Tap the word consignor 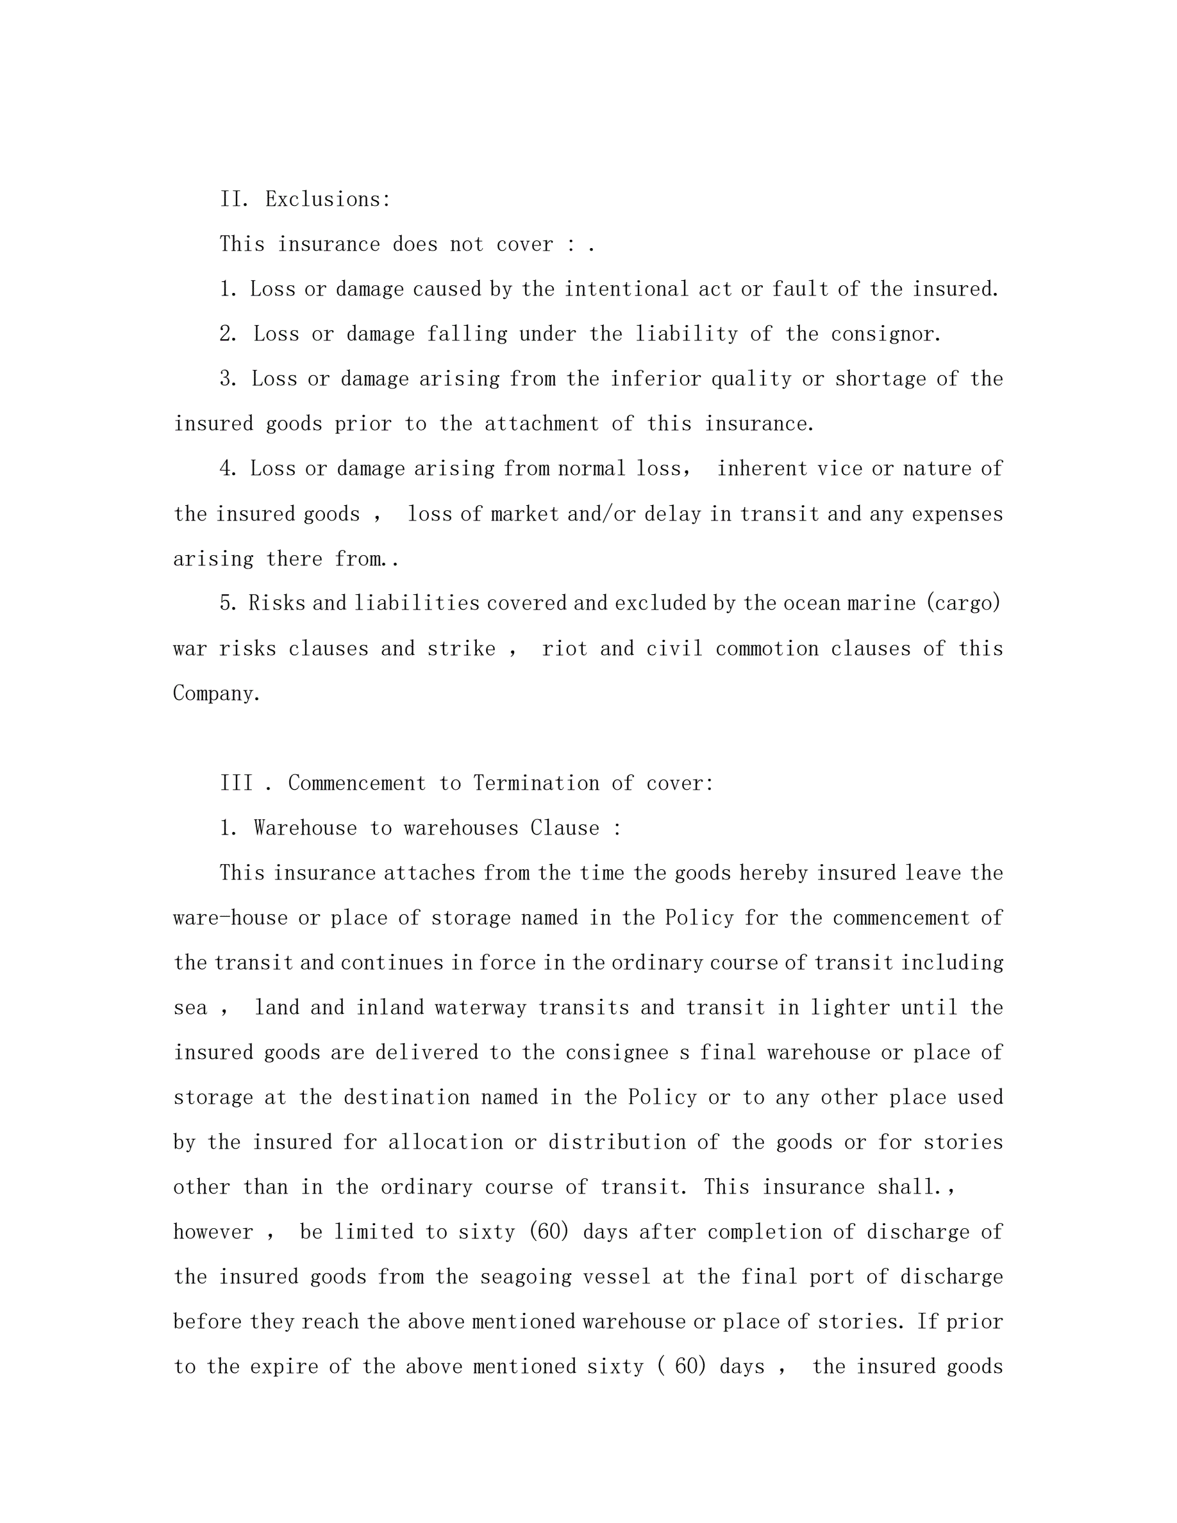pos(885,334)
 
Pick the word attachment pos(542,424)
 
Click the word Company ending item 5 pos(216,693)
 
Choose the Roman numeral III pos(237,783)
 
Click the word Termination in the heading pos(536,783)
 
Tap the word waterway pos(480,1008)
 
